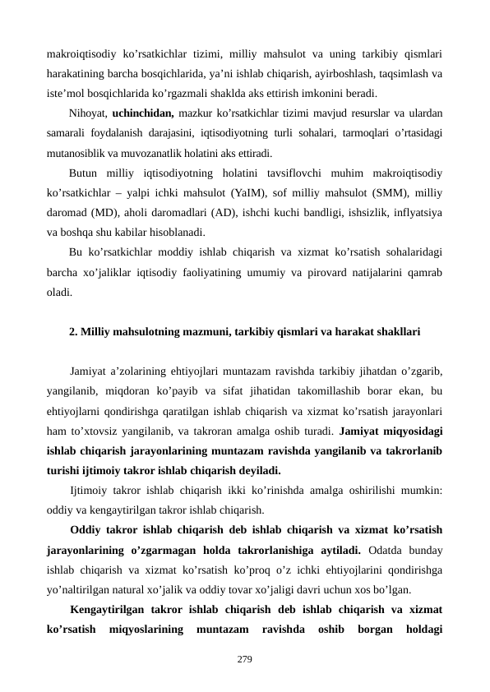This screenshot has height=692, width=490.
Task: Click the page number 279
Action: tap(244, 660)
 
